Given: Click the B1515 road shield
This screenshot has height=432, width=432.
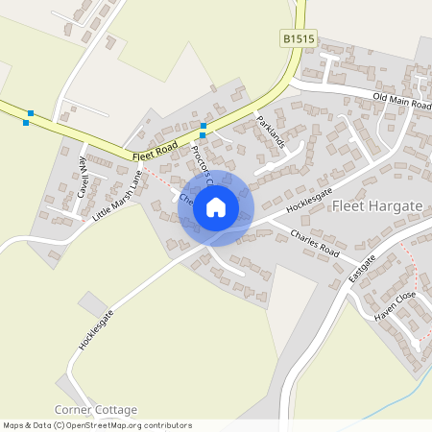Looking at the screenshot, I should click(x=300, y=37).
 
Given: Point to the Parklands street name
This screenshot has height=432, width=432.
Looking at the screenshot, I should click(x=272, y=131).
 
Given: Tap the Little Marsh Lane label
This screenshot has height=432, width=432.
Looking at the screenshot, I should click(x=117, y=196).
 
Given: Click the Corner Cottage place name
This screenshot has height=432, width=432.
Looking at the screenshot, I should click(x=96, y=410).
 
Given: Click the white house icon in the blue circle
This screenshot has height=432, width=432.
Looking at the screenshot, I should click(x=216, y=206).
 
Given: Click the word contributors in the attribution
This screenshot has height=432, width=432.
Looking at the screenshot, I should click(x=166, y=424).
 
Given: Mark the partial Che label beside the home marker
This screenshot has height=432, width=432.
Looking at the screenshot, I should click(x=186, y=203).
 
